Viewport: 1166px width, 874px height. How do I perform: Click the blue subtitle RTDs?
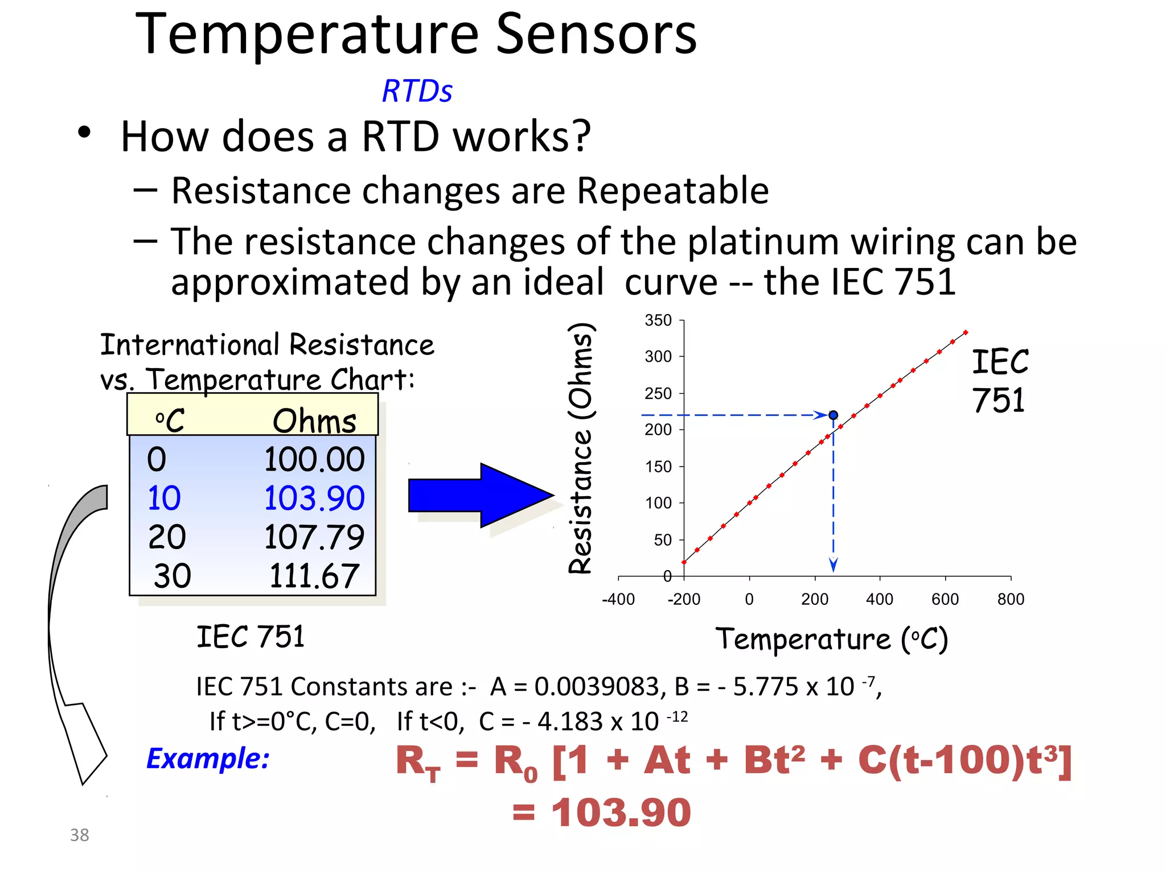(417, 91)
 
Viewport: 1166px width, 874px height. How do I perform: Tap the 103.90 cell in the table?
(314, 498)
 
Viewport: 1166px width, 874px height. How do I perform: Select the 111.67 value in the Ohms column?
(314, 576)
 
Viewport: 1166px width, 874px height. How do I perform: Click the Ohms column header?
(314, 421)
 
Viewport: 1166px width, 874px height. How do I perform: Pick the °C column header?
(169, 421)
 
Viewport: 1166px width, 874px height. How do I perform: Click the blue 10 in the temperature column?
(164, 498)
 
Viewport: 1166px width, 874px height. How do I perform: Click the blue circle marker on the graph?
(833, 415)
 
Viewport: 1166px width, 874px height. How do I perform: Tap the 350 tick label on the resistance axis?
(658, 320)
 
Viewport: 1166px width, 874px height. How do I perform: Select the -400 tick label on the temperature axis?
(618, 599)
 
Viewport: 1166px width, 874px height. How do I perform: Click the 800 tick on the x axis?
(1011, 599)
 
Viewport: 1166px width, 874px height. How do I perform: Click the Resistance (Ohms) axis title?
(581, 448)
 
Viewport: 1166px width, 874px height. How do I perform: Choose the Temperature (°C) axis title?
(831, 639)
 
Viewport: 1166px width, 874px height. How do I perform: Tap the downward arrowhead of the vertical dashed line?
(833, 565)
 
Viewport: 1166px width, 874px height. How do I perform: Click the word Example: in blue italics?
(208, 758)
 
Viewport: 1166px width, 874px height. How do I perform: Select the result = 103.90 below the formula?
(601, 812)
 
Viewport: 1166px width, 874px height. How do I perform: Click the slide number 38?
(80, 835)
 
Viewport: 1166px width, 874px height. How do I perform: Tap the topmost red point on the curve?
(966, 332)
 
